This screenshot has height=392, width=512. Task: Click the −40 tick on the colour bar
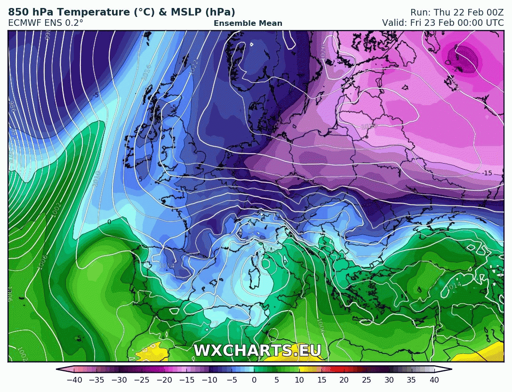[74, 380]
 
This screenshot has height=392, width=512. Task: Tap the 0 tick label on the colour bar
[254, 380]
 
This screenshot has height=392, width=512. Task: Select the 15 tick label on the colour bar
[321, 380]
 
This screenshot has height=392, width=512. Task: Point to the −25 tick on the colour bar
[142, 380]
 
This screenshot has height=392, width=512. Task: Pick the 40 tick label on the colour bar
[434, 380]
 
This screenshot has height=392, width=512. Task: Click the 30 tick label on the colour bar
[389, 380]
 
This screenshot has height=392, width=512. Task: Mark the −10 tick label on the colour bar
[209, 380]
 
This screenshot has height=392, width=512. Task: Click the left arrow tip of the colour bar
[57, 369]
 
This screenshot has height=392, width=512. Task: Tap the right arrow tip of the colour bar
[451, 369]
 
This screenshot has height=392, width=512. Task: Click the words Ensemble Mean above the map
[248, 23]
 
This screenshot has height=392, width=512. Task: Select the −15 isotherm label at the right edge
[487, 173]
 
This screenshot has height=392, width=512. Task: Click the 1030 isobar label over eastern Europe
[368, 126]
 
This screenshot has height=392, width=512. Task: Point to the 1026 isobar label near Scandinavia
[322, 53]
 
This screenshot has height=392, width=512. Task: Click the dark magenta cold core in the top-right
[462, 58]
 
